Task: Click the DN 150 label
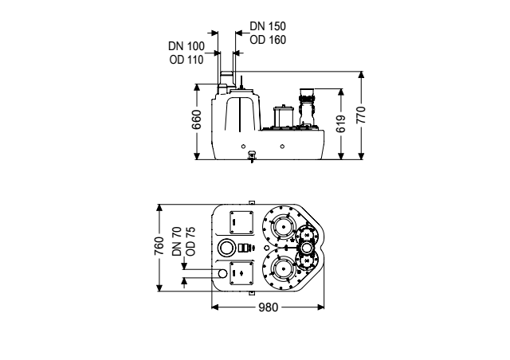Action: click(268, 26)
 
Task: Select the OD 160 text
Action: click(268, 40)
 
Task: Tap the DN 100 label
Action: click(186, 46)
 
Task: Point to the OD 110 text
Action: click(186, 60)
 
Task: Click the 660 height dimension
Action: click(197, 119)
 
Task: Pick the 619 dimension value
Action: click(340, 124)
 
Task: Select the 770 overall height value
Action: click(361, 115)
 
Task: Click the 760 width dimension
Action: click(159, 246)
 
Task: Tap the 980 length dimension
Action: click(269, 307)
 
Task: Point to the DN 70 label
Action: click(177, 241)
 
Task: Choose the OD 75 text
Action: click(191, 241)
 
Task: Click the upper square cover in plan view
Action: click(241, 222)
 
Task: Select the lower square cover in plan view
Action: click(241, 273)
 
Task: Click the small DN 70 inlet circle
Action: click(222, 273)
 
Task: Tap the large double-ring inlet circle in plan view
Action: click(226, 248)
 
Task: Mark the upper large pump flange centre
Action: click(284, 227)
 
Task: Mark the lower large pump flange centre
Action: click(284, 269)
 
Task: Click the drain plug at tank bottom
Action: click(252, 156)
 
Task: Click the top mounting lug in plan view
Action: click(251, 202)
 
